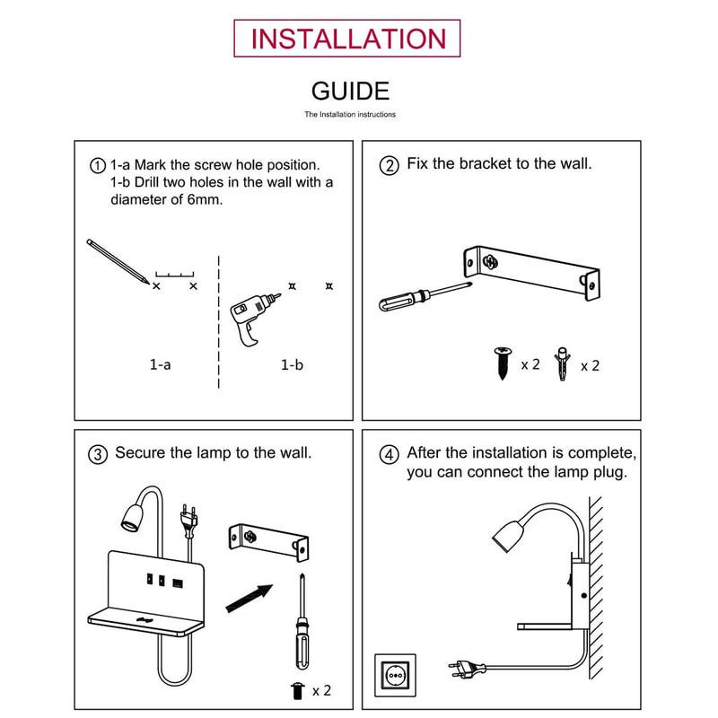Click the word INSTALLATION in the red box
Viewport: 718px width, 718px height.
pyautogui.click(x=348, y=39)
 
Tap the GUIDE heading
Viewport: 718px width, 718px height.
pyautogui.click(x=350, y=92)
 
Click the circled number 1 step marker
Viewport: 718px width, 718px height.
pyautogui.click(x=97, y=165)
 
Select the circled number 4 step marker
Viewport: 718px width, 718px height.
pyautogui.click(x=389, y=455)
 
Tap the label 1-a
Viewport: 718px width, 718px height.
pyautogui.click(x=161, y=364)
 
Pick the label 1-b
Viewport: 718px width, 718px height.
pyautogui.click(x=292, y=365)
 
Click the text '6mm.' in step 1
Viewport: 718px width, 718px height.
pyautogui.click(x=205, y=199)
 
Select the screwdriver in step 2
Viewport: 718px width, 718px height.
pyautogui.click(x=425, y=296)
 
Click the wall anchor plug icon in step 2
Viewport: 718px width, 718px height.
pyautogui.click(x=562, y=363)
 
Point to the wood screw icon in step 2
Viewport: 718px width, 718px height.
pyautogui.click(x=503, y=363)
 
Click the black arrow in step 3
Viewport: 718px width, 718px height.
pyautogui.click(x=250, y=598)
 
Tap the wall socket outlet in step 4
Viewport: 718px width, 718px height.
pyautogui.click(x=395, y=675)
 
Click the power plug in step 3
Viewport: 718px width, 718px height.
pyautogui.click(x=189, y=520)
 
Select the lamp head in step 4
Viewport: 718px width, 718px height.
pyautogui.click(x=508, y=535)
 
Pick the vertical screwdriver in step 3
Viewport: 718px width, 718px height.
pyautogui.click(x=302, y=621)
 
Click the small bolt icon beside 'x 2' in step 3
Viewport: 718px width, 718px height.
pyautogui.click(x=298, y=690)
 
